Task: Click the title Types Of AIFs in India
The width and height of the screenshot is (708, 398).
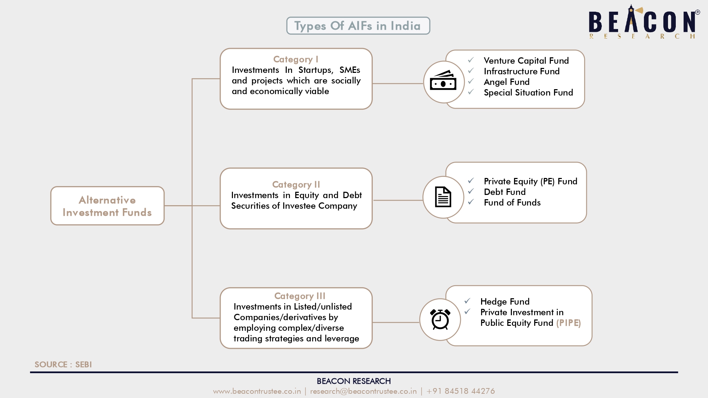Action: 358,26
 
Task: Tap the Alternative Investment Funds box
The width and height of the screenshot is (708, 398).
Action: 107,206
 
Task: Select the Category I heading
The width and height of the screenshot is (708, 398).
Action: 296,59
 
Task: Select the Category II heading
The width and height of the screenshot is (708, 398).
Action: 296,184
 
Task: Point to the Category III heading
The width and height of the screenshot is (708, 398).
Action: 300,296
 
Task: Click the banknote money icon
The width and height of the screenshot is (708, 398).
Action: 443,80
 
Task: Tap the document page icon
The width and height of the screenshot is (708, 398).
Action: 443,197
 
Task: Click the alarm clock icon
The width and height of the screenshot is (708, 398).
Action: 440,319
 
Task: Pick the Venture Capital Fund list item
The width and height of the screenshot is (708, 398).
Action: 526,60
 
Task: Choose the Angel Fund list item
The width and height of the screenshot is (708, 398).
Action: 507,82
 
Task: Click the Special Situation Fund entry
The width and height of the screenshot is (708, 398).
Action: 528,92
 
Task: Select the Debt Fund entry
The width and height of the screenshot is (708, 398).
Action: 504,192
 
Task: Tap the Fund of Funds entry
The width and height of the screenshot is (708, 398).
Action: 512,202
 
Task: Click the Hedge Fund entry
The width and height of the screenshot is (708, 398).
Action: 505,301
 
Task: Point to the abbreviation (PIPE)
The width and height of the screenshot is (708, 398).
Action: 569,323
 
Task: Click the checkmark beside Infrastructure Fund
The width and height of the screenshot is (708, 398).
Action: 471,71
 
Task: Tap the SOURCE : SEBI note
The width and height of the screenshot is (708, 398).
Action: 63,364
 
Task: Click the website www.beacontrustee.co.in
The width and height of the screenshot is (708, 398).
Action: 257,391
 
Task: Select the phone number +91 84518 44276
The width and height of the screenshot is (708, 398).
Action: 461,391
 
